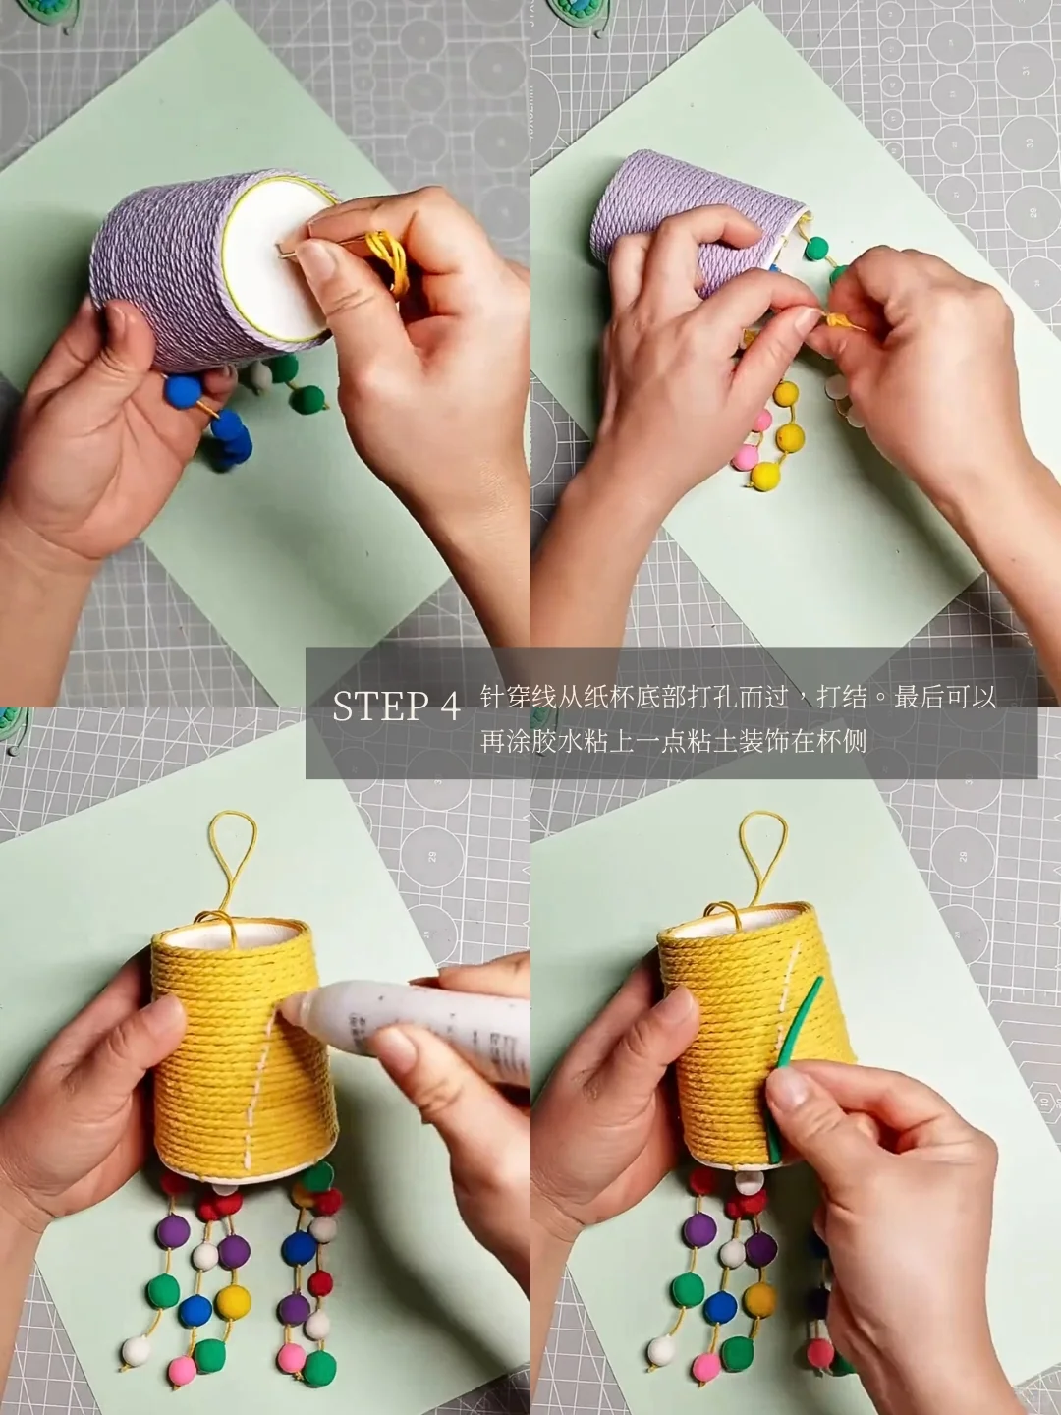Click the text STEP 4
397,707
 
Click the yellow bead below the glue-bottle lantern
233,1283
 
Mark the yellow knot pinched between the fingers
839,319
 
